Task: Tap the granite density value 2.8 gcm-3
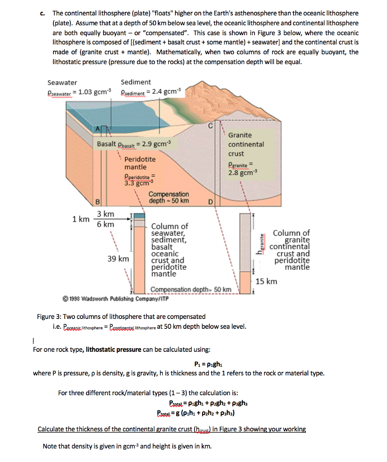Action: click(x=242, y=172)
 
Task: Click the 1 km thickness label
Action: click(x=81, y=219)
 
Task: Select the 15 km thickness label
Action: click(x=266, y=282)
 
